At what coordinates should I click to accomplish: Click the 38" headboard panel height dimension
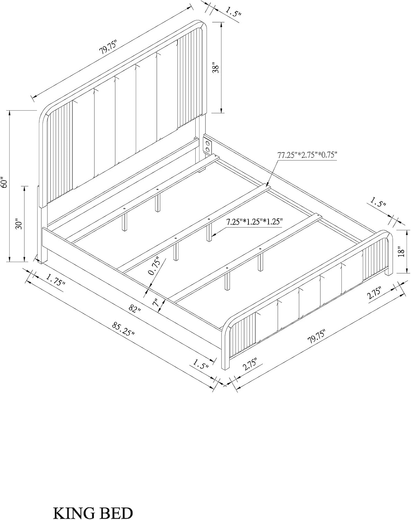click(216, 69)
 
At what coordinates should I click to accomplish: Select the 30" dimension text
click(19, 224)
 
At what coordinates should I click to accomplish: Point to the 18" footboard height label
click(401, 252)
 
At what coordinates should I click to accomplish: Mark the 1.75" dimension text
click(55, 280)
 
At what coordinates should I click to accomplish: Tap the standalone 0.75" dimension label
click(154, 266)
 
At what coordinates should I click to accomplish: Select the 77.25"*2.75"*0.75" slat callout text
click(307, 155)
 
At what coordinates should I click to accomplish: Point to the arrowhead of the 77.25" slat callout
click(267, 185)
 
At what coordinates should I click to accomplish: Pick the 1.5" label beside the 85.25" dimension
click(201, 364)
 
